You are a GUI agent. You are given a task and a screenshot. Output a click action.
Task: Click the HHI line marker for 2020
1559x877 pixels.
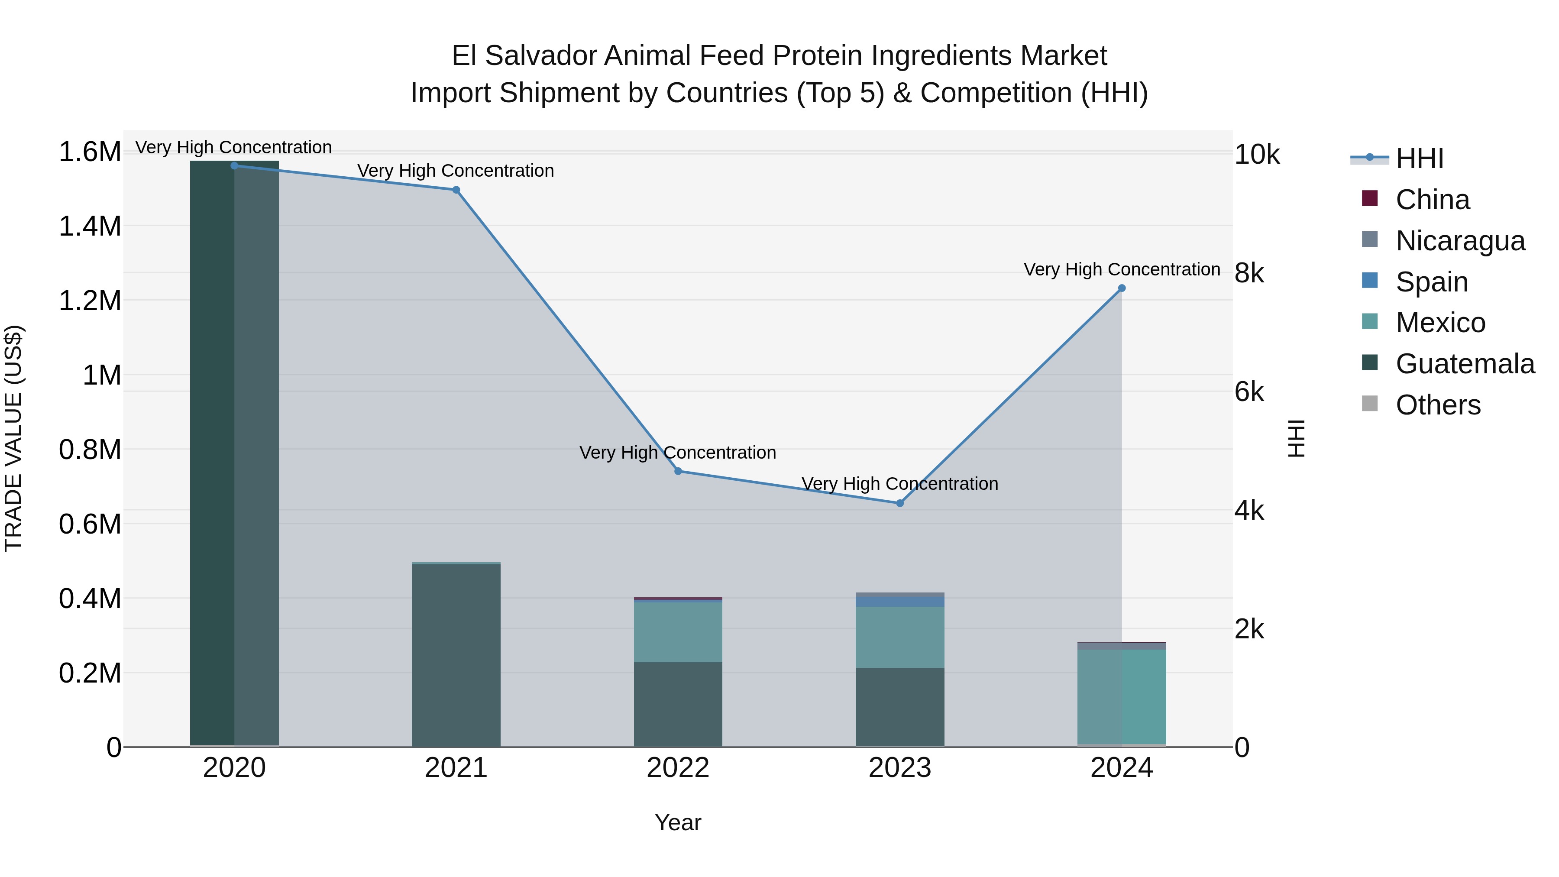coord(234,165)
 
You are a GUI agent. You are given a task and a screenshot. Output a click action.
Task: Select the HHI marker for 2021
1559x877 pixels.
coord(456,190)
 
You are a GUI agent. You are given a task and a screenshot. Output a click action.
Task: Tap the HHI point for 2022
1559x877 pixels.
coord(678,471)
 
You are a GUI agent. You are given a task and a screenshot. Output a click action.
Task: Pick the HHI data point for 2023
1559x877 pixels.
coord(899,503)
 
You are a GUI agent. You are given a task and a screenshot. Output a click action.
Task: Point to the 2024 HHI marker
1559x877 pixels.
coord(1122,288)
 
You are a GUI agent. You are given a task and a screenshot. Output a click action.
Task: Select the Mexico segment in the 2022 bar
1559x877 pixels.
coord(678,632)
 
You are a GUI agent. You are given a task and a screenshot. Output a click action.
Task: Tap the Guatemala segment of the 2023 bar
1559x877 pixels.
coord(899,707)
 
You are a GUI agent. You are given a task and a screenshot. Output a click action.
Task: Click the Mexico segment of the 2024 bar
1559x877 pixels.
coord(1122,696)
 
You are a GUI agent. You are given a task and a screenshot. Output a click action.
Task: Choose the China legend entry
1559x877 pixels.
coord(1432,200)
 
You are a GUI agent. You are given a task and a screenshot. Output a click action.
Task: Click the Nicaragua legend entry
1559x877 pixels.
coord(1460,241)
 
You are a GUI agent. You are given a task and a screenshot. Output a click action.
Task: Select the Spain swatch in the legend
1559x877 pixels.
coord(1370,281)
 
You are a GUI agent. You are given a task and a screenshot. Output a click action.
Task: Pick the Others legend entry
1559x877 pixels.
coord(1437,405)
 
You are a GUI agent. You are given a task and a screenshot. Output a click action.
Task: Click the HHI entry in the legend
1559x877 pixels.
coord(1419,159)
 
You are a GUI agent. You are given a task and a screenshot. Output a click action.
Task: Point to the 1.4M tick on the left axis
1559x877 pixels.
coord(90,227)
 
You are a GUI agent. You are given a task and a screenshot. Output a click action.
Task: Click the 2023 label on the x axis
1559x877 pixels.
coord(899,768)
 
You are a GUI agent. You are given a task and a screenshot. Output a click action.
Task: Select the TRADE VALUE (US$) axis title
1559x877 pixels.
coord(13,438)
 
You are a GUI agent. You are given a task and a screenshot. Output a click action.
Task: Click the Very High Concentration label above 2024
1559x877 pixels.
coord(1122,269)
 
